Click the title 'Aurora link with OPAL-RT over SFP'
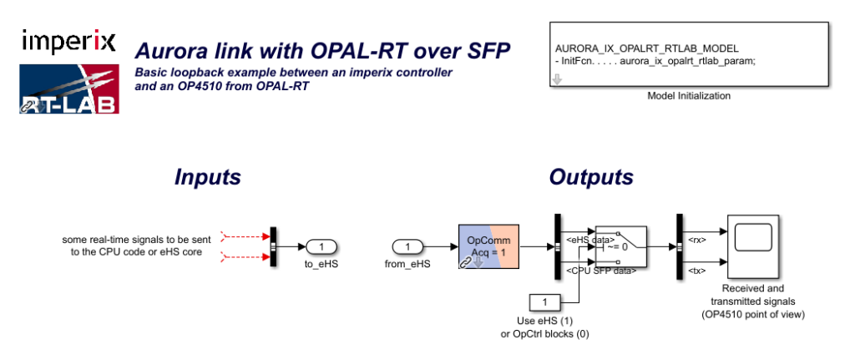[x=323, y=48]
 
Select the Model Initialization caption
[x=689, y=96]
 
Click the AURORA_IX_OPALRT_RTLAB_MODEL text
[x=646, y=48]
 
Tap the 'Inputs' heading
[x=207, y=177]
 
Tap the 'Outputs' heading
[x=591, y=177]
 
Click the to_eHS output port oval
[x=321, y=246]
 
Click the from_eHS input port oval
[x=408, y=246]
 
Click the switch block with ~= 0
[x=620, y=246]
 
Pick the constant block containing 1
[x=544, y=301]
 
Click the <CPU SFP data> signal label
[x=601, y=271]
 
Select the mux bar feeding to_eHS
[x=273, y=246]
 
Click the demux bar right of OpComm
[x=557, y=246]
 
